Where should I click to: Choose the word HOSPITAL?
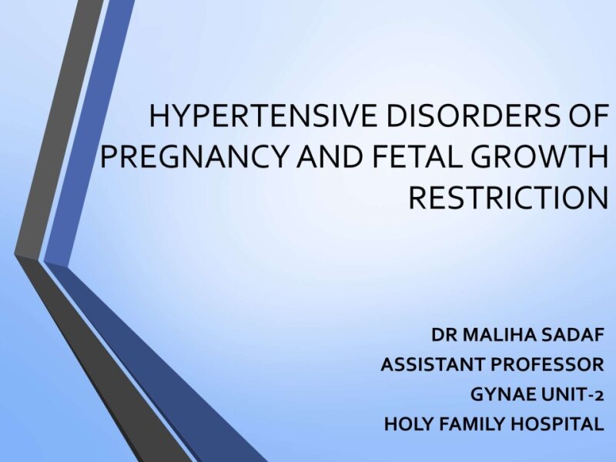pyautogui.click(x=561, y=423)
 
